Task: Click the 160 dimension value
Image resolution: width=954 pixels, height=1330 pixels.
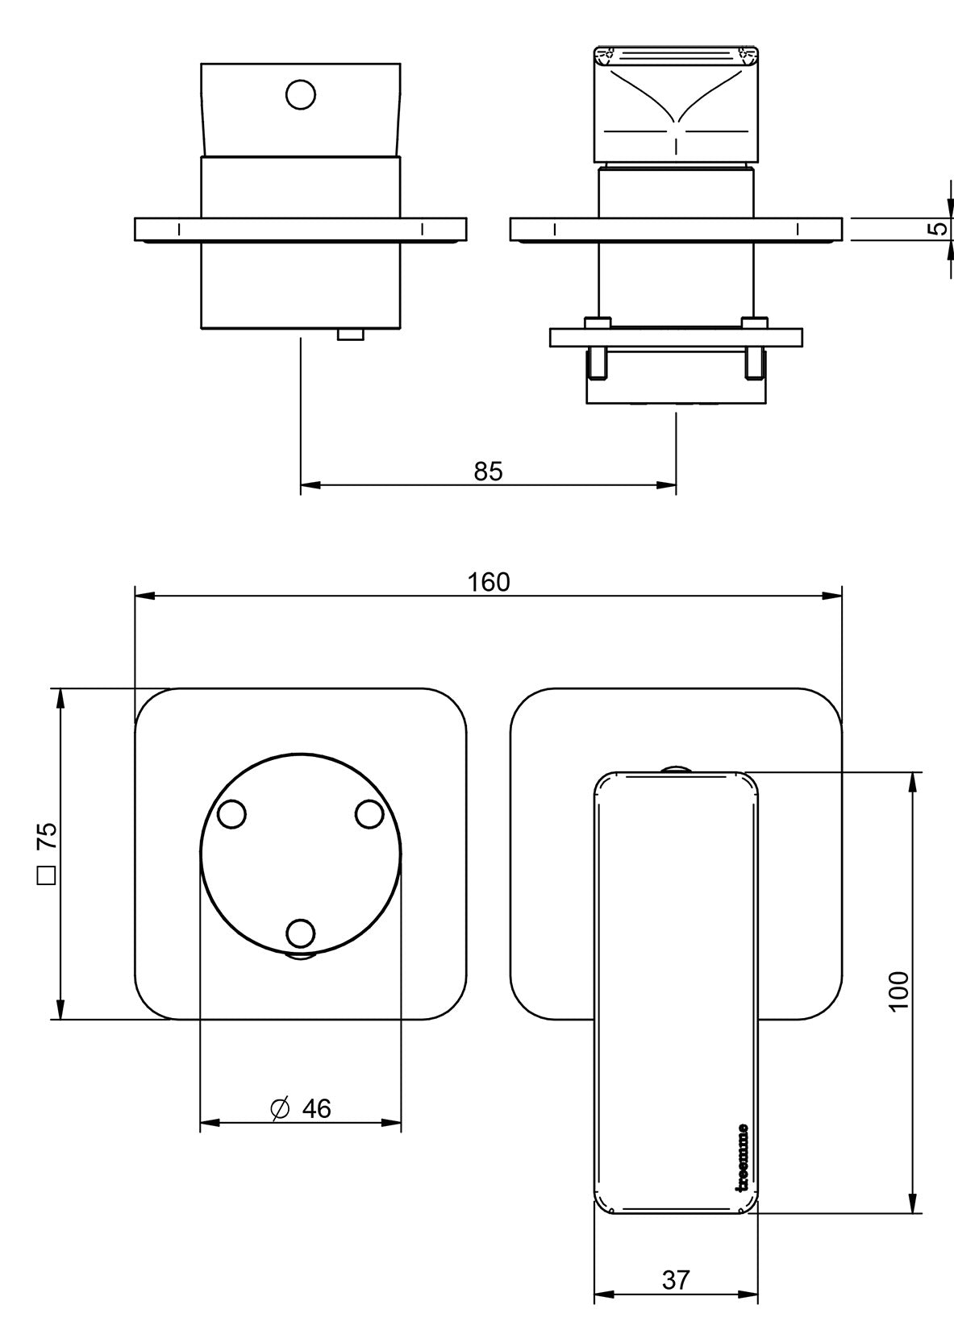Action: pos(489,582)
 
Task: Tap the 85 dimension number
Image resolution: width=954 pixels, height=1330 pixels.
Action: pos(488,472)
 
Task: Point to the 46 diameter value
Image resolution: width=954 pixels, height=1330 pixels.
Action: pos(316,1109)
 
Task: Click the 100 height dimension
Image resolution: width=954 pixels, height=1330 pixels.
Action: pos(898,990)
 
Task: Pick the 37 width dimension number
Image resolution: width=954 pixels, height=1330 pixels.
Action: pos(677,1278)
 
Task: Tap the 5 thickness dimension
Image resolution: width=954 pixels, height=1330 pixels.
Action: pos(938,228)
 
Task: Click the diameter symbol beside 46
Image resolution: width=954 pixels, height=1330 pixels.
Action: pos(280,1109)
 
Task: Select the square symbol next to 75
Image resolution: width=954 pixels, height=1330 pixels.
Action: pos(48,875)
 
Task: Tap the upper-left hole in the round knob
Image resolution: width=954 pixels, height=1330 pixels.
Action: pos(231,815)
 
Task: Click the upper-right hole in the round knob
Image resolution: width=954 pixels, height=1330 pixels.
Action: pos(369,815)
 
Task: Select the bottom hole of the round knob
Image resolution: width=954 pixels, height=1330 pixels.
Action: pos(300,933)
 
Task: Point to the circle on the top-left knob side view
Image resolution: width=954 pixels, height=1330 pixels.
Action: pos(300,95)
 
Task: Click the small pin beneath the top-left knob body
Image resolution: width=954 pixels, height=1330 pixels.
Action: pos(351,335)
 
